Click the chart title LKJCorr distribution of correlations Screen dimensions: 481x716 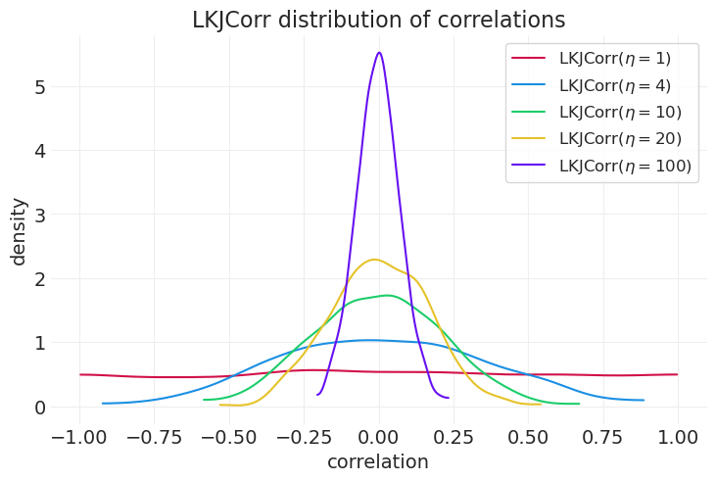click(378, 20)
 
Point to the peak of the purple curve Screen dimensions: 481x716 click(379, 53)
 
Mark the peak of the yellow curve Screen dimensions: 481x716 click(374, 260)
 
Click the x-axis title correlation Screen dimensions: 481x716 click(378, 462)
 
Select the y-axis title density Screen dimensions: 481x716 click(19, 231)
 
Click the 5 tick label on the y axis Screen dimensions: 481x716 click(40, 87)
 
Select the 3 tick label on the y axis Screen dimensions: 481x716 click(40, 215)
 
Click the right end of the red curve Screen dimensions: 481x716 click(677, 374)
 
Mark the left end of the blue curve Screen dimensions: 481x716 click(103, 404)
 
